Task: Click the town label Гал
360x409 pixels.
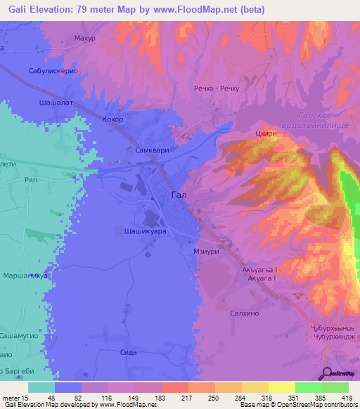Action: pyautogui.click(x=179, y=197)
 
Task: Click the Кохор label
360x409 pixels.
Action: pyautogui.click(x=112, y=119)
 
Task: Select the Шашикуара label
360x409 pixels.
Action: pyautogui.click(x=141, y=229)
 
